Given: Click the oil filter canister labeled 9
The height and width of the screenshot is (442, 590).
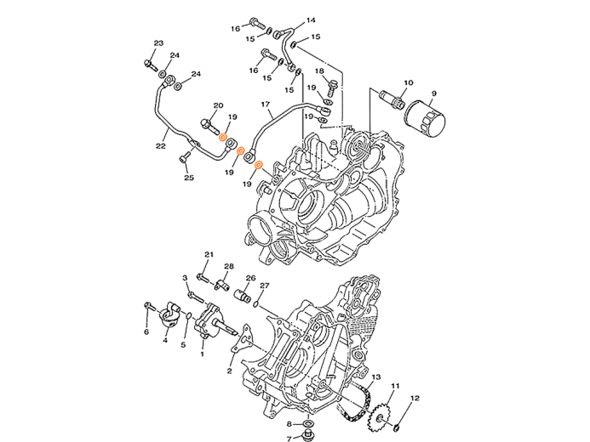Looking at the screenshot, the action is coord(425,118).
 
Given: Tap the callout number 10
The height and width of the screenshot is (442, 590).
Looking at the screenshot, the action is coord(409,82).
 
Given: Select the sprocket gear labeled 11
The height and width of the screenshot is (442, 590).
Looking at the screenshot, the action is coord(378,417).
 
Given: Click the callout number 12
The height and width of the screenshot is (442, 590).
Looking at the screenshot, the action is coord(415,398).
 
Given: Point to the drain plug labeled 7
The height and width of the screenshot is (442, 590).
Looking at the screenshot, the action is coord(309,437).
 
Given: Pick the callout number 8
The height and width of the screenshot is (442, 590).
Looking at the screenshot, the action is coord(289,424).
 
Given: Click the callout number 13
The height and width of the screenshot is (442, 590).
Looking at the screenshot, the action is coord(376,377).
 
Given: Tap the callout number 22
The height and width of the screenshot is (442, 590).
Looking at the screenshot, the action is coord(161,145).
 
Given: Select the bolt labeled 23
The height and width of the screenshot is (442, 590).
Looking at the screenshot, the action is coord(151,65).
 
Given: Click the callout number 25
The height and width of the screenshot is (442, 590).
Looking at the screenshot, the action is coord(189,178).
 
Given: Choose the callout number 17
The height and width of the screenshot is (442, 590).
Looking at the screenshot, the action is coord(266,103).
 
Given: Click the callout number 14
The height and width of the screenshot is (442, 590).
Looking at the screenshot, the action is coord(311,20).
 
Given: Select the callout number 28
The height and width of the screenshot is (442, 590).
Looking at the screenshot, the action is coord(229,266).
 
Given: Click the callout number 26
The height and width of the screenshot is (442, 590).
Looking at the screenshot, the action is coord(250,278).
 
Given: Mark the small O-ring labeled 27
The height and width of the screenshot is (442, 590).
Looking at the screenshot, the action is coord(256,303).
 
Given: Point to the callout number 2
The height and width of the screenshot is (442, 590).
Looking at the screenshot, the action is coord(229,371).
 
